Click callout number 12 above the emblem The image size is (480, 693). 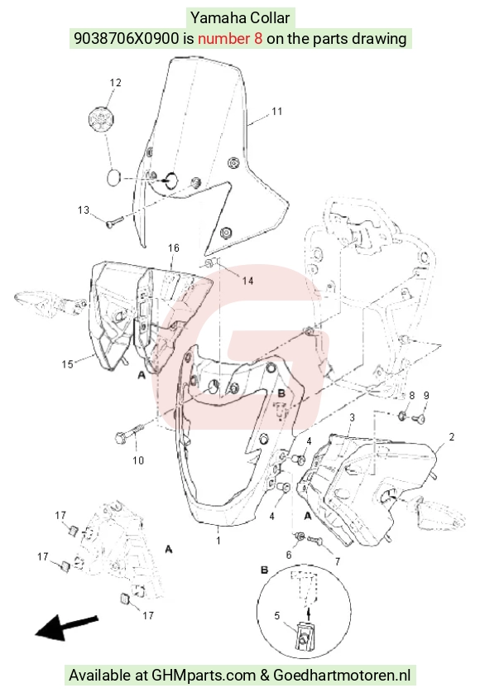(115, 83)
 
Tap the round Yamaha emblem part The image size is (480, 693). (101, 118)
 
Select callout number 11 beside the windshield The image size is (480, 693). (277, 111)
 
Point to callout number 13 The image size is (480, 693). (84, 210)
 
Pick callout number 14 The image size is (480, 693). (247, 281)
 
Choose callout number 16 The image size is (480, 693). (174, 248)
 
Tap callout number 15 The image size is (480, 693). (68, 363)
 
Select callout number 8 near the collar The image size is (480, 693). (411, 396)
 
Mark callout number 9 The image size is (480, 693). (426, 396)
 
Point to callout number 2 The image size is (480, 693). (451, 436)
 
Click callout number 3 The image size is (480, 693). (352, 417)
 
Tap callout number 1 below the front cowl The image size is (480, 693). (218, 540)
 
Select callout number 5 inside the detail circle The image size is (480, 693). (277, 616)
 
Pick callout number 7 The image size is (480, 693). (338, 561)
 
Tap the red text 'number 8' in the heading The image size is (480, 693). (230, 38)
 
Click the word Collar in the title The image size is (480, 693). (271, 18)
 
